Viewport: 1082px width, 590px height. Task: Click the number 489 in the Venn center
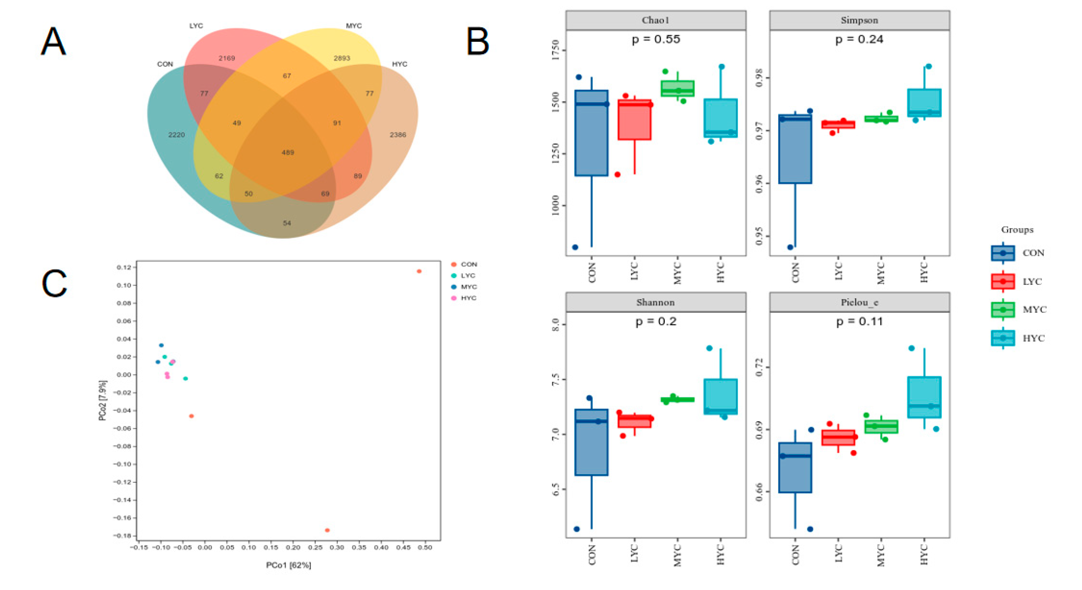(288, 152)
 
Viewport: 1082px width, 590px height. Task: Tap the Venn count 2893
(341, 58)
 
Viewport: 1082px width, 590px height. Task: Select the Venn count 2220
(176, 135)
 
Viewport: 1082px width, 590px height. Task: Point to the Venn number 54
(287, 223)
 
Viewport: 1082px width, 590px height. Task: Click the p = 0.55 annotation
(656, 40)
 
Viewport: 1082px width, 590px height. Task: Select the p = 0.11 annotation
(859, 322)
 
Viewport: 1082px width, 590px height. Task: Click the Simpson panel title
(859, 20)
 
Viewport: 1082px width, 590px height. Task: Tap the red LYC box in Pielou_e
(838, 438)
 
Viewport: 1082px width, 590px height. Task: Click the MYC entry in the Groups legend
(1019, 309)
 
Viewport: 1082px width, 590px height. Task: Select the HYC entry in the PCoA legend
(464, 298)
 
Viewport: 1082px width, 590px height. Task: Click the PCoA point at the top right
(419, 271)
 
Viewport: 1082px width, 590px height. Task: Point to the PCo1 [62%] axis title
(288, 565)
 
